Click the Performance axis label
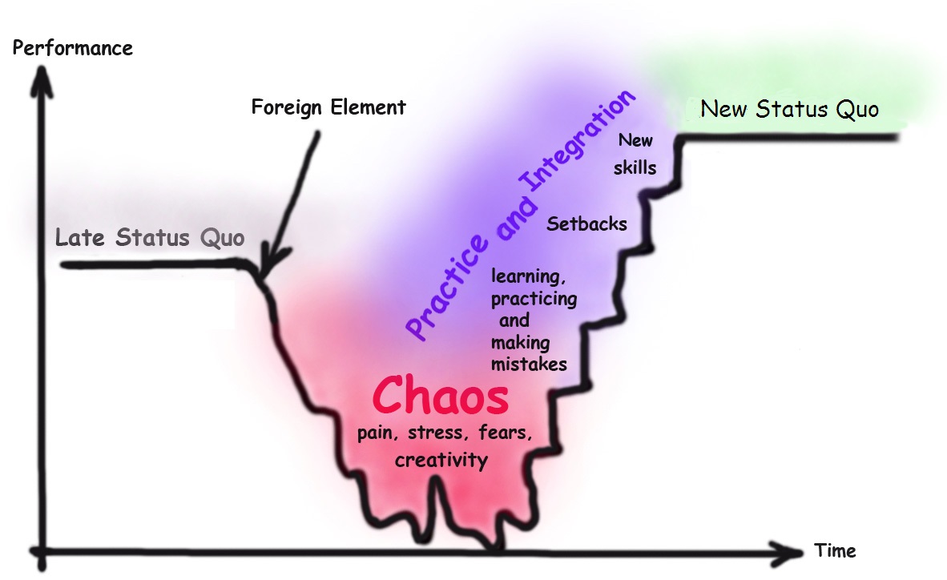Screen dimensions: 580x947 [x=73, y=48]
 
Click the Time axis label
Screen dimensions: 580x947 [x=835, y=551]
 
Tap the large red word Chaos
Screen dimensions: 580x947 [x=441, y=397]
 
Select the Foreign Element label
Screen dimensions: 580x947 [x=328, y=107]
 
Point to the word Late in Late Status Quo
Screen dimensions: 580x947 [x=81, y=238]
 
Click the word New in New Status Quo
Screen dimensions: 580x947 [x=723, y=109]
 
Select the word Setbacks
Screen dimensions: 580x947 [x=586, y=224]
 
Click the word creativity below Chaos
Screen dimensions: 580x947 [x=441, y=461]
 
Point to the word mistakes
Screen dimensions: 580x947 [x=529, y=364]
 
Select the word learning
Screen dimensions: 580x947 [x=526, y=277]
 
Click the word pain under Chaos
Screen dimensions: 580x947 [x=377, y=435]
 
